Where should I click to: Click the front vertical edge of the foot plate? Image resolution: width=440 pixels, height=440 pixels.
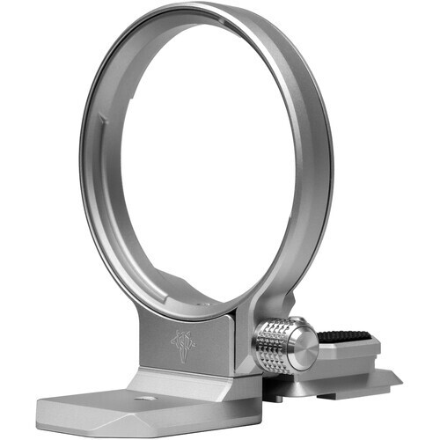[x=88, y=422]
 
